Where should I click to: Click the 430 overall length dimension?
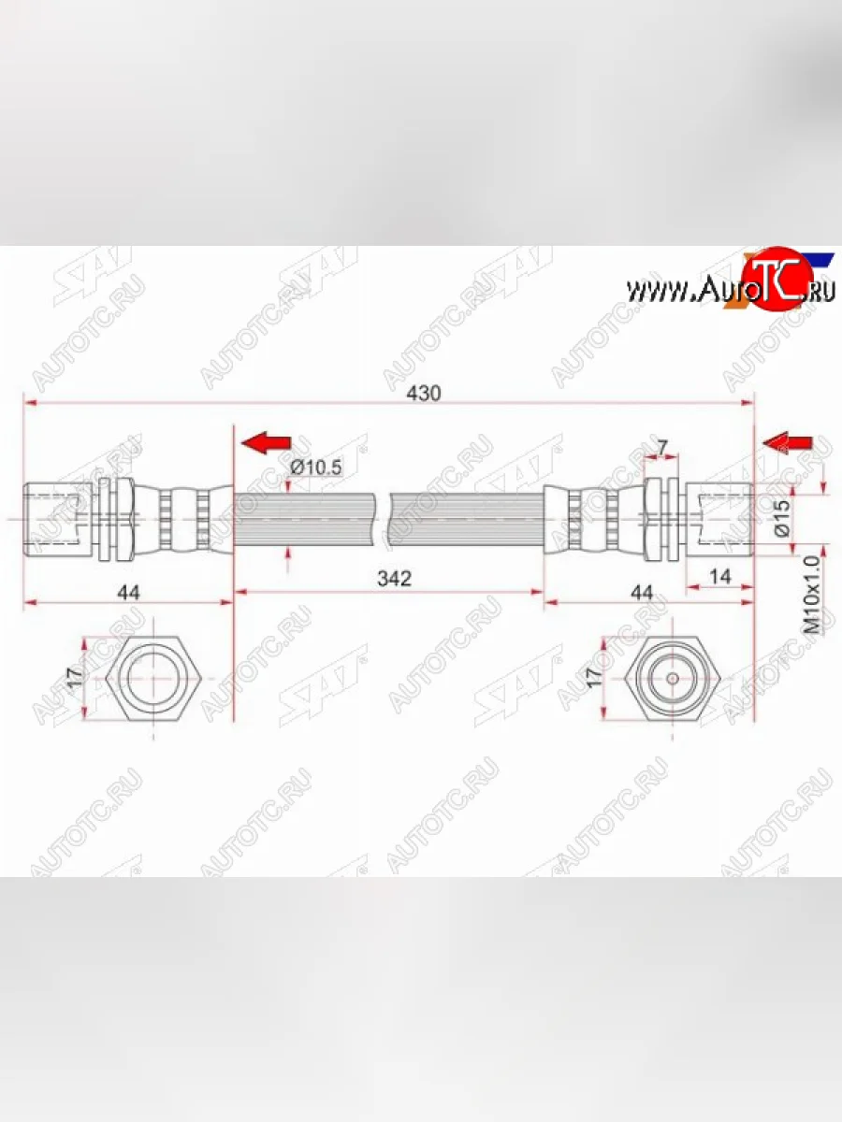424,394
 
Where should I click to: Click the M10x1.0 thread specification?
812,595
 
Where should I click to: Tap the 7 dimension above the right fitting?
662,449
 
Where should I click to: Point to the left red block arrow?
266,441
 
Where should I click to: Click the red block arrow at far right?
788,441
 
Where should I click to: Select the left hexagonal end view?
153,680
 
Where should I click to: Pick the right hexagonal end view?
672,680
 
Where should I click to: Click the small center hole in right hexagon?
672,680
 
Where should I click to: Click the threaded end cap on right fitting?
720,517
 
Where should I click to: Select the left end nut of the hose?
56,517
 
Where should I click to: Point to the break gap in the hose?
385,517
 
